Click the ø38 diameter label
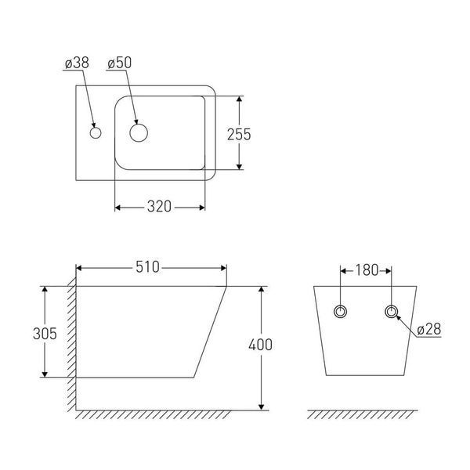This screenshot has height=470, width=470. click(x=77, y=63)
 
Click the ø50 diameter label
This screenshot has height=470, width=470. click(x=119, y=63)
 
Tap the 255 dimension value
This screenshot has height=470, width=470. click(x=239, y=134)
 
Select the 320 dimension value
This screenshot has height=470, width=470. click(x=159, y=207)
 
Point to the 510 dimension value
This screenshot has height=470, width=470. click(x=147, y=267)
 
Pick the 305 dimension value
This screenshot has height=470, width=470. click(x=45, y=334)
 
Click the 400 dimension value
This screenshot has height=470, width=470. click(x=261, y=345)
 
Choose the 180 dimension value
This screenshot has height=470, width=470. click(x=367, y=270)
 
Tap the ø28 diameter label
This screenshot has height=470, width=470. click(x=429, y=330)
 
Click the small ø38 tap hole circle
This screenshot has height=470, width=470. click(x=96, y=133)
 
